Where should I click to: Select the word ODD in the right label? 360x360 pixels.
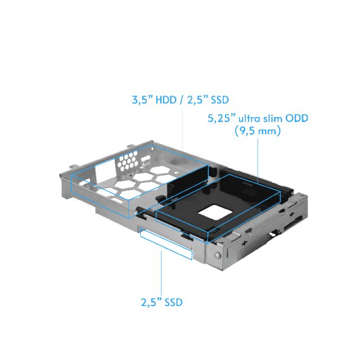[298, 119]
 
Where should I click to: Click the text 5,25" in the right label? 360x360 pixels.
[220, 119]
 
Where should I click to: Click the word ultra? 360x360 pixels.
[249, 119]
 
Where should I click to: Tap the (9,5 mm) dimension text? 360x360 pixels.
[257, 131]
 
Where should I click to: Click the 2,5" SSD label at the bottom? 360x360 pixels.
[161, 301]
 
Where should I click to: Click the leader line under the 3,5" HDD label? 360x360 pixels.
[184, 129]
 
